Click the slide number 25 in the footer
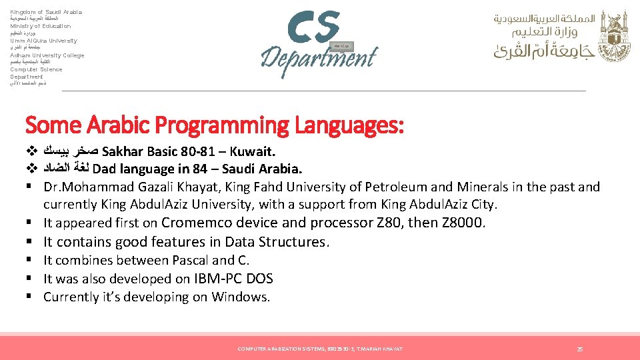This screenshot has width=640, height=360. click(580, 349)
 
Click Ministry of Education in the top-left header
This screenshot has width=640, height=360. click(40, 26)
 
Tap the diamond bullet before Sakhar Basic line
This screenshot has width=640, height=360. click(30, 150)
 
